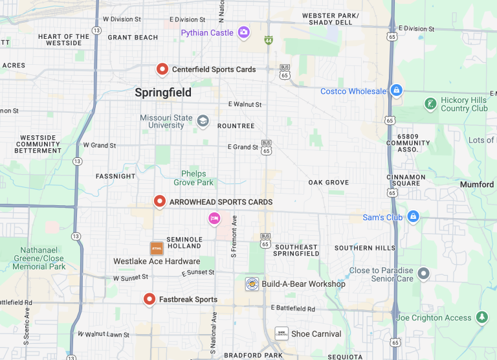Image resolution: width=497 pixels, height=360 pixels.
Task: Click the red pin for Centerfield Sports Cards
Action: point(162,69)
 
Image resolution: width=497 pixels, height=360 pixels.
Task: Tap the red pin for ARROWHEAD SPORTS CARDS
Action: point(160,201)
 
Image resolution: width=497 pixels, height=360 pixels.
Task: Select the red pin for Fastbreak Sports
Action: point(149,298)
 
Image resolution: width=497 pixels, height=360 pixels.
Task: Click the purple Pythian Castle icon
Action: point(244,32)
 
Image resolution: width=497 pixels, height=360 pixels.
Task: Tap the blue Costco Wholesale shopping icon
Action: point(396,91)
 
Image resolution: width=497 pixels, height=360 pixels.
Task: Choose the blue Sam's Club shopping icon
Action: point(414,217)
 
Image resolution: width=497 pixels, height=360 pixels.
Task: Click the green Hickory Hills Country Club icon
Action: point(430,104)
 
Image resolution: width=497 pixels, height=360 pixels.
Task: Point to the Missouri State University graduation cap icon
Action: point(203,120)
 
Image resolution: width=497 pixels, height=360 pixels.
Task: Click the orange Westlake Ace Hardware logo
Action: point(157,248)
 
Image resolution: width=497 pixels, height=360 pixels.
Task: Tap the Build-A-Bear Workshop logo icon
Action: point(252,284)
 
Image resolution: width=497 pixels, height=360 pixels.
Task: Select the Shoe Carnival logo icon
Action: point(282,333)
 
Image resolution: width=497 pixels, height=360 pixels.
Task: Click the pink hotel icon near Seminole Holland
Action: point(214,219)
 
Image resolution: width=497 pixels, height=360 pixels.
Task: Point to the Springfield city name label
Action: point(163,93)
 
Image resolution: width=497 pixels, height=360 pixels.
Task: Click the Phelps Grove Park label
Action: point(193,178)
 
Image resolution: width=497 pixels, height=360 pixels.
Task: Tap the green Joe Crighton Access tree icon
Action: point(481,317)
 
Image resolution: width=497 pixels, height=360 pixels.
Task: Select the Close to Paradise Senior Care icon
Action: point(423,274)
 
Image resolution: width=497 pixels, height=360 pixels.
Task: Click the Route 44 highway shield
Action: point(268,40)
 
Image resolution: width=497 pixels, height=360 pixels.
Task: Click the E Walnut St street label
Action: point(245,104)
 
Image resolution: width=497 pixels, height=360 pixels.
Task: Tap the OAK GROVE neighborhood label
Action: point(328,183)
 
